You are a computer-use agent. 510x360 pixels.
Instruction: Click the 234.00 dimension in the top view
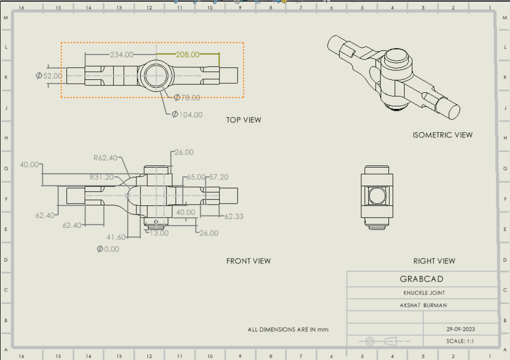pos(122,55)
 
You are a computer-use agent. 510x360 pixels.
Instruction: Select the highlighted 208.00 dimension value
pos(187,55)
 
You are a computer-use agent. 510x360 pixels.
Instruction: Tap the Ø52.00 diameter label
pos(49,75)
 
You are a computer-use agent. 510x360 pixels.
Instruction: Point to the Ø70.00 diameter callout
pos(186,97)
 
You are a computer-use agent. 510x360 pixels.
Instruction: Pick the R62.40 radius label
pos(105,158)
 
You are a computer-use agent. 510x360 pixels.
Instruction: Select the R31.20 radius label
pos(102,177)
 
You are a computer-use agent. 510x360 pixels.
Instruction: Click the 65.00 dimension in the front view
pos(195,177)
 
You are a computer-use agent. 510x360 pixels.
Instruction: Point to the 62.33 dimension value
pos(234,216)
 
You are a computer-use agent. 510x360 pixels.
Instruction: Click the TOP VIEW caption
pos(243,120)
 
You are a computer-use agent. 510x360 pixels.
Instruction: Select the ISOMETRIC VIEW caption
pos(442,135)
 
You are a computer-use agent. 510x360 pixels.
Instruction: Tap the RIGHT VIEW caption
pos(434,261)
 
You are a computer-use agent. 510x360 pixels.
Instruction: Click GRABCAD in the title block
pos(422,279)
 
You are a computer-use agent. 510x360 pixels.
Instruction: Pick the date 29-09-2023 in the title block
pos(460,329)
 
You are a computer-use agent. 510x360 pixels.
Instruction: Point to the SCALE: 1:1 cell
pos(460,341)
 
